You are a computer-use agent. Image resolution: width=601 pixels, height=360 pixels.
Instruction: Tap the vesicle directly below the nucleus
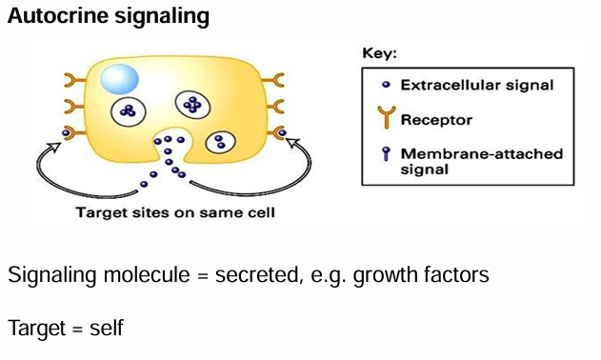(128, 112)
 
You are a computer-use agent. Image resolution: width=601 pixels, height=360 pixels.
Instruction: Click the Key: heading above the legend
(380, 54)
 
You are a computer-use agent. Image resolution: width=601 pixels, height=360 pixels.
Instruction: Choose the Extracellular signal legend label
(476, 85)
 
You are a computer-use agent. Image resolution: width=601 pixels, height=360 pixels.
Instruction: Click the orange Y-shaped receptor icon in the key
(385, 119)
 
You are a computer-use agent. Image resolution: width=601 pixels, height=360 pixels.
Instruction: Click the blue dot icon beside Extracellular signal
(385, 85)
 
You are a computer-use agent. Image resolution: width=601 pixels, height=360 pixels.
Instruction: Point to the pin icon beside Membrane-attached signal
(385, 155)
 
